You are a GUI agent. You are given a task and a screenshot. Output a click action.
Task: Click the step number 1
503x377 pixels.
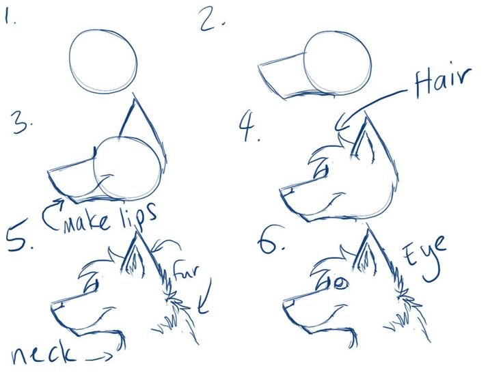[x=9, y=16]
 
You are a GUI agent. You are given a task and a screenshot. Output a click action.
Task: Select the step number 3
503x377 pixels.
[x=22, y=123]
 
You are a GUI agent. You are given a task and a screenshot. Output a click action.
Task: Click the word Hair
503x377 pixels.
[x=443, y=81]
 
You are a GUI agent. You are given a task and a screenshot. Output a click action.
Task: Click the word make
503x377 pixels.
[x=86, y=222]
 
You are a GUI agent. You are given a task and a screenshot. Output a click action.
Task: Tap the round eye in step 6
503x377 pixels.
[x=340, y=283]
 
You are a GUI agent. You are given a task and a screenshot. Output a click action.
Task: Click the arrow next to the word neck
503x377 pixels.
[x=99, y=357]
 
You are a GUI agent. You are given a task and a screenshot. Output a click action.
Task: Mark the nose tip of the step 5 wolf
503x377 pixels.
[x=52, y=305]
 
